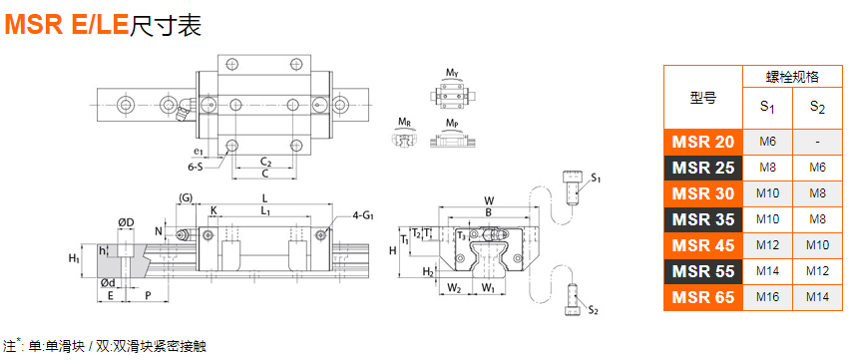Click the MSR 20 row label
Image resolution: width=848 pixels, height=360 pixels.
703,142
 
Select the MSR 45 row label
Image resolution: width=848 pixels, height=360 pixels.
703,245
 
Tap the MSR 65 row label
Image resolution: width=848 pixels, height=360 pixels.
703,297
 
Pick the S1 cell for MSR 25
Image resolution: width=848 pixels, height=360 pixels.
767,168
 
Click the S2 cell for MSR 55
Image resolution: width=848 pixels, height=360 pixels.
817,271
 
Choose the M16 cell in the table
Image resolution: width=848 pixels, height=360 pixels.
767,297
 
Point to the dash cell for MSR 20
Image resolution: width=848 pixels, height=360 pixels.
817,142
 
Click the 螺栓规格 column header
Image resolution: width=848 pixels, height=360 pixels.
792,77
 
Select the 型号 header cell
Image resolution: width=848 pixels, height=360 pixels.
703,98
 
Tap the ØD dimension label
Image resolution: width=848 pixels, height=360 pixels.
126,222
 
